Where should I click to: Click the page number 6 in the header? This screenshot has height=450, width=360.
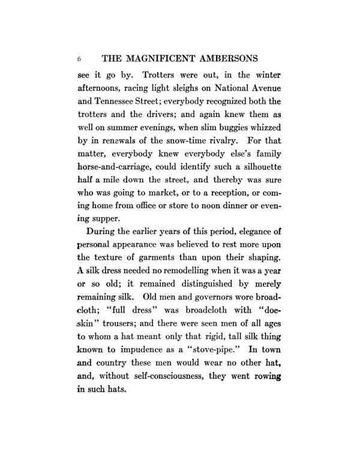point(79,60)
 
